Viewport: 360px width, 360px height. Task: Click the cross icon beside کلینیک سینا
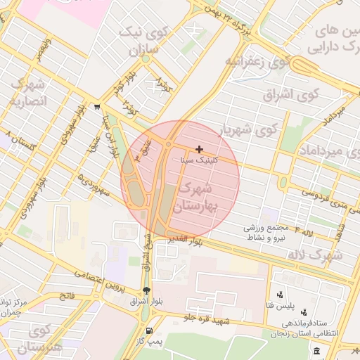pyautogui.click(x=200, y=149)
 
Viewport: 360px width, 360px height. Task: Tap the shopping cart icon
pyautogui.click(x=95, y=108)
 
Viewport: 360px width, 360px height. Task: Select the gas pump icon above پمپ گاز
pyautogui.click(x=148, y=331)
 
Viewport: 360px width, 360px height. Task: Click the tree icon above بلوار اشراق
pyautogui.click(x=146, y=291)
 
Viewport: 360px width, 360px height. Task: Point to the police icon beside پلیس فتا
pyautogui.click(x=281, y=295)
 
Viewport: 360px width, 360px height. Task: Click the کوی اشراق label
pyautogui.click(x=291, y=94)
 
